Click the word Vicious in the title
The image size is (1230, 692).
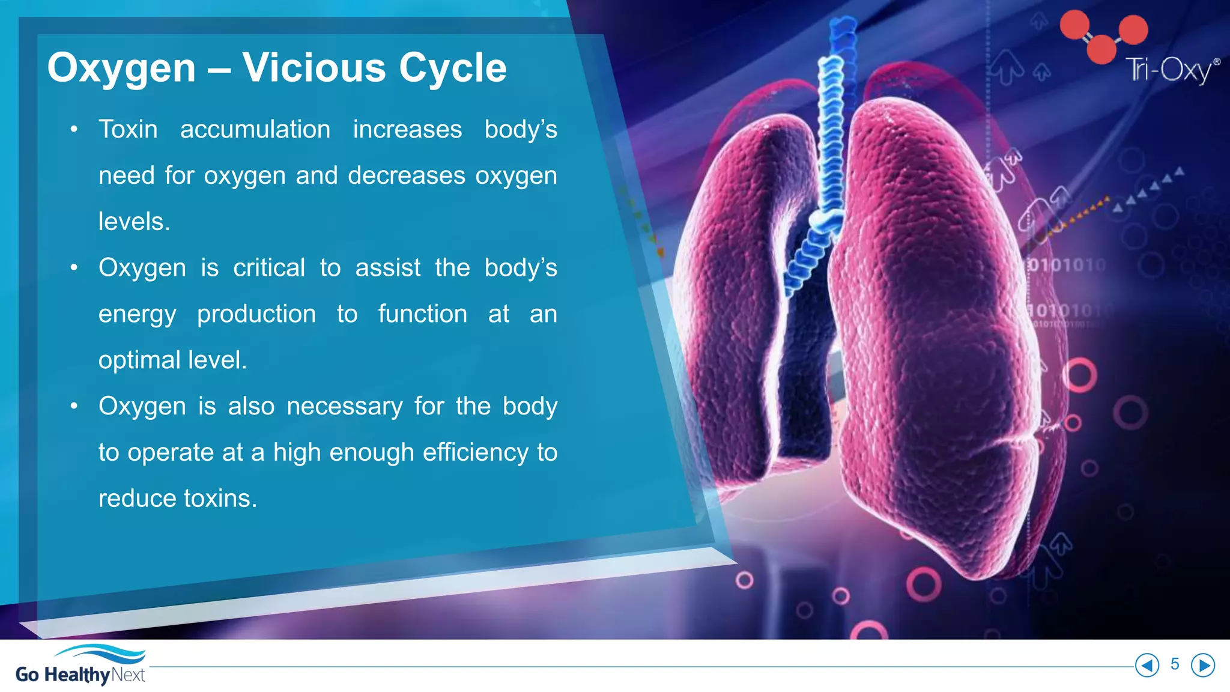point(314,67)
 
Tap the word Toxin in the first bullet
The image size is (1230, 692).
point(128,129)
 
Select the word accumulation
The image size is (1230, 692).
point(255,129)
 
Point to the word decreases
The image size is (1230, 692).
point(407,175)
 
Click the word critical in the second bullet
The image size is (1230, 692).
point(269,267)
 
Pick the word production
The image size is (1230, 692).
point(256,314)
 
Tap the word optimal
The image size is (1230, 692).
point(139,360)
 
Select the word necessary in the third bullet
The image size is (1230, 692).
point(345,406)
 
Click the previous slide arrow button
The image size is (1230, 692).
point(1147,665)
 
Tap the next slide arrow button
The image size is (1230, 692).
point(1203,665)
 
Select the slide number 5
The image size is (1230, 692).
point(1175,664)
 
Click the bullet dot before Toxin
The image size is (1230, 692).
point(74,130)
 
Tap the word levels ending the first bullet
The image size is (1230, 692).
point(134,222)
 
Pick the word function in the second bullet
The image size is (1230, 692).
point(422,314)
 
